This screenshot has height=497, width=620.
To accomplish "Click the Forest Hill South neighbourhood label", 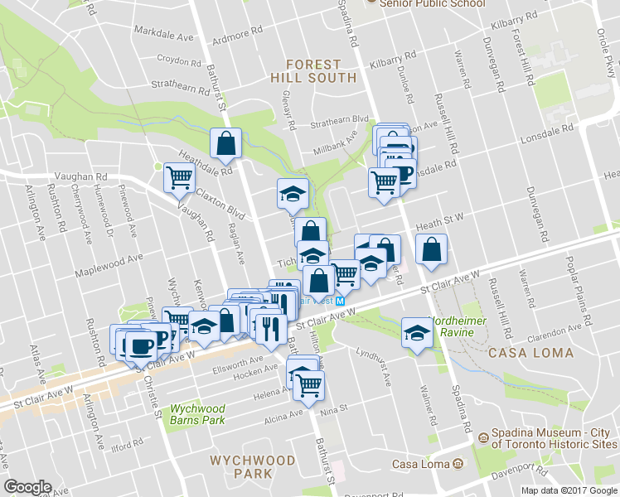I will (x=313, y=70).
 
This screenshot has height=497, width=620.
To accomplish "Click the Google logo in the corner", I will (x=27, y=488).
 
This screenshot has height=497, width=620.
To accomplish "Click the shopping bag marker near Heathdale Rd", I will (x=225, y=143).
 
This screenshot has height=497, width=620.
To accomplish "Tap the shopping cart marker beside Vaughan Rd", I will (x=179, y=176).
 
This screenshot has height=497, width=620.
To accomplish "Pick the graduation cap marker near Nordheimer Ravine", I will (x=415, y=334).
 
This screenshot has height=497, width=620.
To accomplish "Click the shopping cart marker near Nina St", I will (x=308, y=384).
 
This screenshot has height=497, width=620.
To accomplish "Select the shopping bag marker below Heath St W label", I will (x=431, y=249).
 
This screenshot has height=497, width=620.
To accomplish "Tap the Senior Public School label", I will (x=432, y=3).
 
